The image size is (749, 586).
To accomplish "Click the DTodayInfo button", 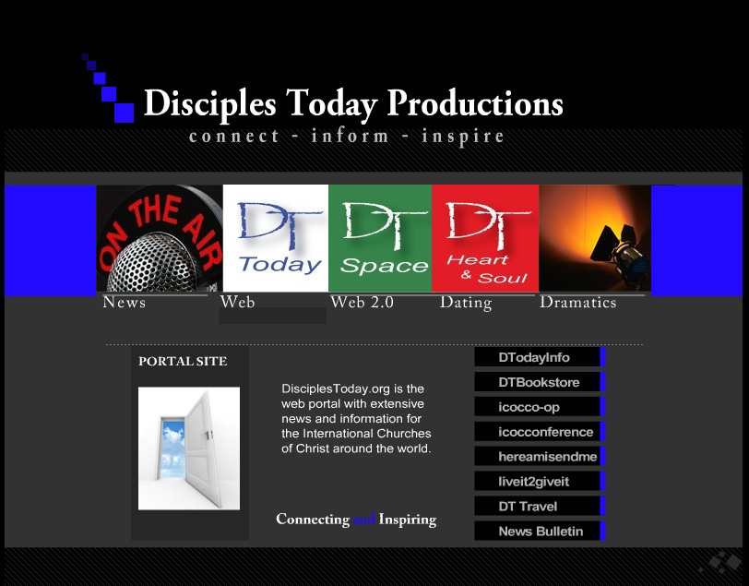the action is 540,357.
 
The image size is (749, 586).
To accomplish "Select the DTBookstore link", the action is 540,382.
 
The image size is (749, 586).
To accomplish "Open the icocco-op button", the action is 540,407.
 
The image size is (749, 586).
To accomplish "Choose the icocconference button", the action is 540,432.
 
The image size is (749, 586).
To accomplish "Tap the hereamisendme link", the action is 540,457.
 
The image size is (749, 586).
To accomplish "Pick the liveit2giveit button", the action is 540,482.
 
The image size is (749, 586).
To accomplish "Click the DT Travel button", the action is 540,507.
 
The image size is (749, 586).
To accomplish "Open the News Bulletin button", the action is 540,531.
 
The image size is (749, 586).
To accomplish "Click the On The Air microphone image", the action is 160,238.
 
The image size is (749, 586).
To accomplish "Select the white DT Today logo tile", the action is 276,238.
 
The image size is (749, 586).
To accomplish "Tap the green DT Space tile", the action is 380,238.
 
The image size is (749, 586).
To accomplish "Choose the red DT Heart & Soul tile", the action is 485,238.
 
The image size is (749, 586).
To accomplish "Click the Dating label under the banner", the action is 466,303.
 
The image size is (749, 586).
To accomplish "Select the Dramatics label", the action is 578,302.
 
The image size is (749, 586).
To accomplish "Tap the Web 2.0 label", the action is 363,302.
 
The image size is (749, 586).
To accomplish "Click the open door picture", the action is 189,448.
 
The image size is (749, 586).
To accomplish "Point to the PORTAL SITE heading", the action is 183,361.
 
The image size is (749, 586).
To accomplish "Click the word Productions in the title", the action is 475,102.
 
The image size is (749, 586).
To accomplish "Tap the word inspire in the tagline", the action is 463,137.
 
